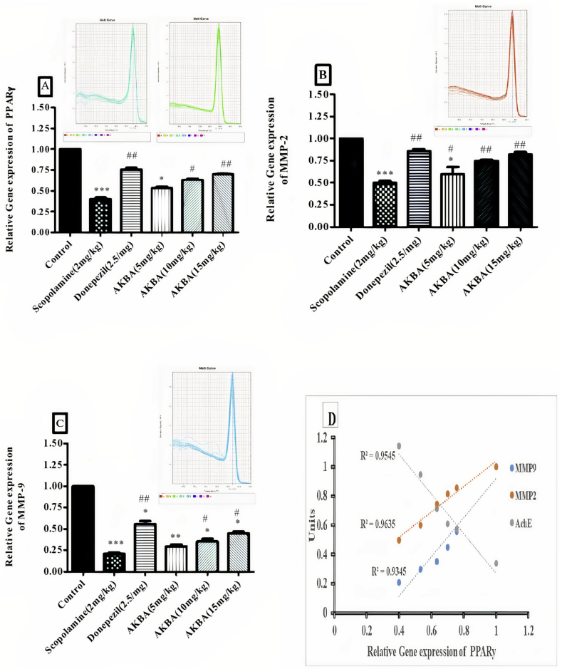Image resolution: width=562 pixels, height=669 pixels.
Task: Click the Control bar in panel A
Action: (x=71, y=190)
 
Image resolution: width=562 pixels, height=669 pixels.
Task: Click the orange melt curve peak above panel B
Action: (x=511, y=14)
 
